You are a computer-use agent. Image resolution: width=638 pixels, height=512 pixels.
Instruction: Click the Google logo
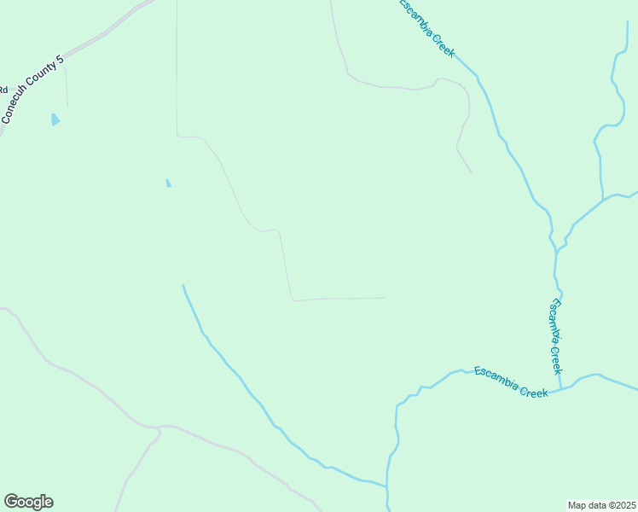(28, 502)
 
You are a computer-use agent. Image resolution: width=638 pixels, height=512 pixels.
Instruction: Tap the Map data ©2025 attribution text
(601, 505)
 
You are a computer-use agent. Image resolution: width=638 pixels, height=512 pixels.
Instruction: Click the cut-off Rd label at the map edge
(3, 88)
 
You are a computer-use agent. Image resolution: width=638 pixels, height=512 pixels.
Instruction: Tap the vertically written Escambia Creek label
(555, 336)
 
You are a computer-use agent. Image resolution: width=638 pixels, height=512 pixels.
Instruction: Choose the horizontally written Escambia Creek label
(511, 381)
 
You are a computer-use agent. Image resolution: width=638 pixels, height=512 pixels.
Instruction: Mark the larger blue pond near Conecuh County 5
(55, 119)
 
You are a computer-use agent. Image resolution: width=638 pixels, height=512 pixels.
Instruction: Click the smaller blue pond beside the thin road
(168, 183)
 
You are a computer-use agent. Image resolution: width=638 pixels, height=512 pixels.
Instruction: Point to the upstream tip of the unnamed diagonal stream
(183, 285)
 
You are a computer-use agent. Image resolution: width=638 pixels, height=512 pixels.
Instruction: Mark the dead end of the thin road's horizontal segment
(384, 298)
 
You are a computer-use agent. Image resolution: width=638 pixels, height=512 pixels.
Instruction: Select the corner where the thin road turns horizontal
(293, 300)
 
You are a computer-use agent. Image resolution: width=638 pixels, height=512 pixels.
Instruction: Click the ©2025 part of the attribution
(618, 505)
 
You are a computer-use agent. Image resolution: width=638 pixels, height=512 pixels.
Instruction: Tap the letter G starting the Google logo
(11, 501)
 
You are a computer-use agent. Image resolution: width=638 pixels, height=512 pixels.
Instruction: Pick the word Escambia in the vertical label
(554, 317)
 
